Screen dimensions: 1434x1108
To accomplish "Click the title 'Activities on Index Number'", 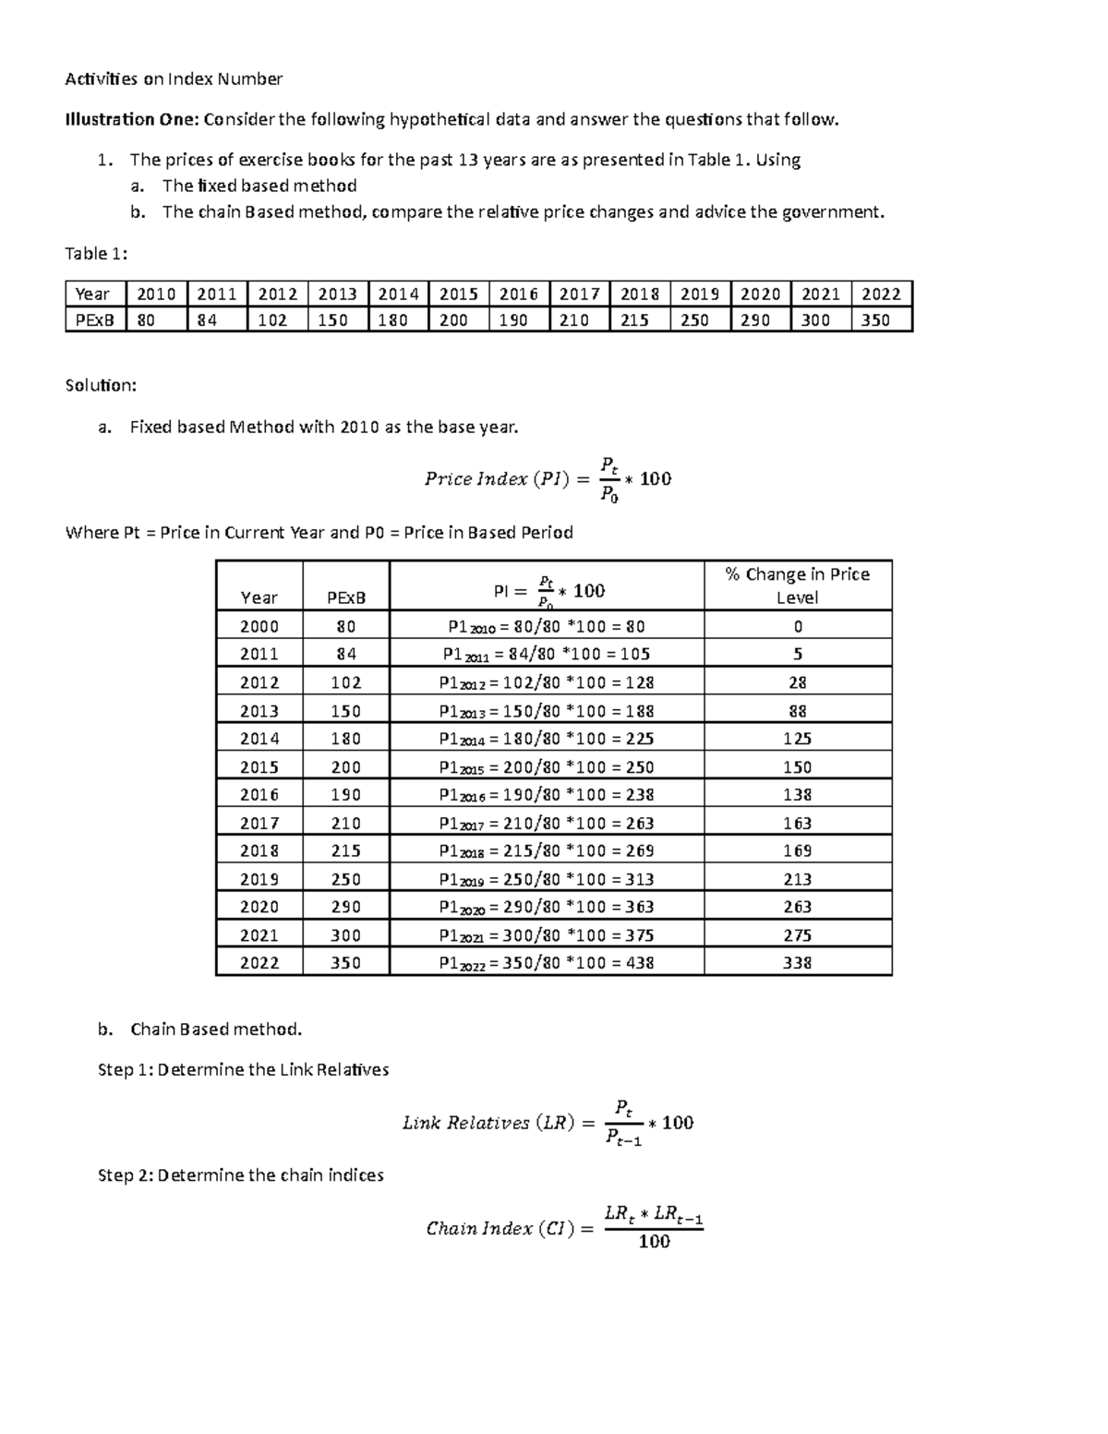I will [x=174, y=79].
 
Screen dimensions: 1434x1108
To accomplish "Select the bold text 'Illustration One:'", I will [x=132, y=119].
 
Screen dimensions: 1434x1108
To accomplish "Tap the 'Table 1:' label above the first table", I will [x=96, y=254].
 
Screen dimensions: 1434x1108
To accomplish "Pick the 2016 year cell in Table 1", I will [x=518, y=294].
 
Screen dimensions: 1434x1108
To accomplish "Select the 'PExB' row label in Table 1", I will [x=94, y=320].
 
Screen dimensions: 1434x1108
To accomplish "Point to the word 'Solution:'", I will [x=101, y=385].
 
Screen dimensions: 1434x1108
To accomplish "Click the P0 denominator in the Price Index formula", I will [x=608, y=495].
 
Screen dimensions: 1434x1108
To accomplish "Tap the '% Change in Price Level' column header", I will [x=797, y=585].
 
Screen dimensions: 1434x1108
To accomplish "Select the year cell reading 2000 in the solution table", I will [x=259, y=626].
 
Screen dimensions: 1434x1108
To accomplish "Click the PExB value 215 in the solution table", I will [x=345, y=850].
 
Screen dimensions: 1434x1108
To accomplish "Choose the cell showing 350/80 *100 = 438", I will [x=547, y=962].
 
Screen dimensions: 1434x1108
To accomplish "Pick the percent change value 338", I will [x=797, y=962].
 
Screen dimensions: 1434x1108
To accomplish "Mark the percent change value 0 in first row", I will [x=797, y=626].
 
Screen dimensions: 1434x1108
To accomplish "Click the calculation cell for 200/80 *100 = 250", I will [x=547, y=766].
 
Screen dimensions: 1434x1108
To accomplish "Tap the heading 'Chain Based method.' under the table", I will [x=216, y=1029].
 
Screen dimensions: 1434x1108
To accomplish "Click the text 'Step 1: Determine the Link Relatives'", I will [x=243, y=1069].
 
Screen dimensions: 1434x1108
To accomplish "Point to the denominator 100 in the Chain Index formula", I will [x=654, y=1242].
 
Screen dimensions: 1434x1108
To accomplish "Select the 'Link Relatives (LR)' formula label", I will [x=488, y=1123].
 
